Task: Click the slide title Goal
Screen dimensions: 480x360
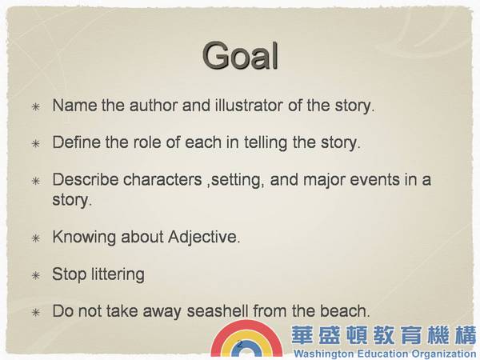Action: [240, 55]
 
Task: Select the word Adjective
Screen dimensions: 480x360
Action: [203, 238]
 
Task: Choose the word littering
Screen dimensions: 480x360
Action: [118, 274]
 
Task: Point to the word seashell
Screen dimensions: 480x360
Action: [218, 311]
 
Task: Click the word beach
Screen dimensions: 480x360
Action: [345, 311]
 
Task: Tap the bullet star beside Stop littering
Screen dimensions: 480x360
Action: [36, 275]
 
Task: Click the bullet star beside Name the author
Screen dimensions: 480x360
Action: [36, 107]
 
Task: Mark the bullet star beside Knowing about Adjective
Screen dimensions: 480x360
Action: [36, 238]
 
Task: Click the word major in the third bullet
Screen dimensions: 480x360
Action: [324, 181]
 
